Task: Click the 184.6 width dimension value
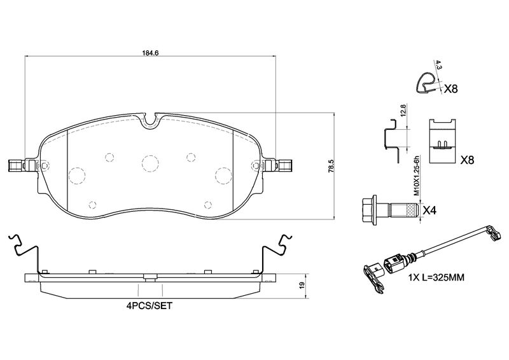coord(150,53)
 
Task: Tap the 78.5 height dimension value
coord(331,166)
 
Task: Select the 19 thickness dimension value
coord(302,286)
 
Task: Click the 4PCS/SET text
coord(150,306)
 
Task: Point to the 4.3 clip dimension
coord(438,66)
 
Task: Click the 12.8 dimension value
coord(403,111)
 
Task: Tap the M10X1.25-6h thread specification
coord(417,176)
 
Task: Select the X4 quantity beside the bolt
coord(429,211)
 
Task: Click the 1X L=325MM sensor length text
coord(436,277)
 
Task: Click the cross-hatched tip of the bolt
coord(412,210)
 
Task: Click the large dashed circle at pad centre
coord(150,163)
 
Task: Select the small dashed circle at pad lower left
coord(92,205)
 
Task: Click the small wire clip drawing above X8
coord(426,83)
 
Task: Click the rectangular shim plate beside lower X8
coord(442,141)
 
